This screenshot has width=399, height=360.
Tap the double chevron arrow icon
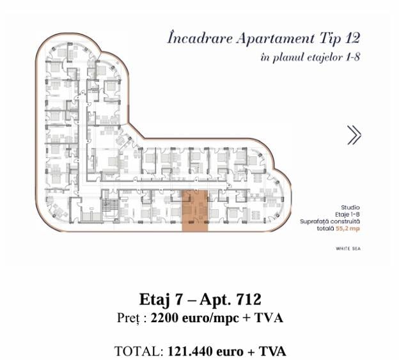click(354, 135)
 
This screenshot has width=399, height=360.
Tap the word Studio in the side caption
click(350, 207)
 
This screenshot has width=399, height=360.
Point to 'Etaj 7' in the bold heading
click(157, 299)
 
